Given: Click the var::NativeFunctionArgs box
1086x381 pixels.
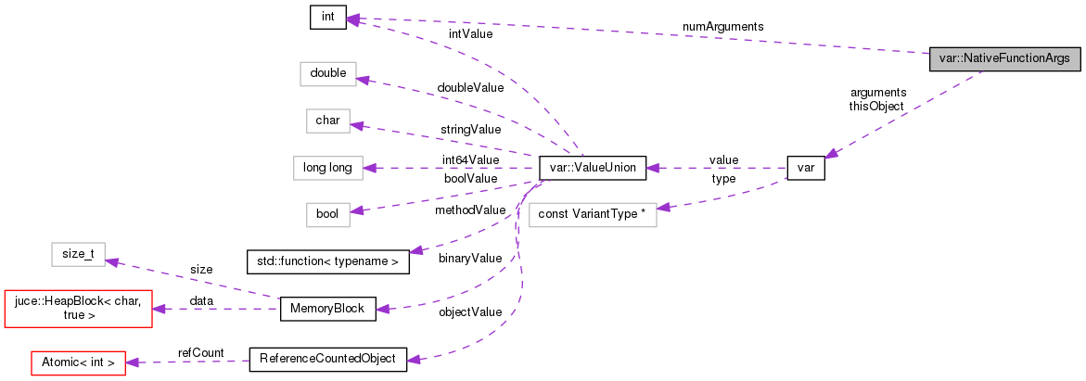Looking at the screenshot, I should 1005,58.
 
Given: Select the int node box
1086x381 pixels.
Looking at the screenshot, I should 327,18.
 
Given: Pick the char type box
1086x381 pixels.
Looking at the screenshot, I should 327,121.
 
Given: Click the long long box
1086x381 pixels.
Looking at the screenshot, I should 327,168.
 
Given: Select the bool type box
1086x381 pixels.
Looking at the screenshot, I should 327,214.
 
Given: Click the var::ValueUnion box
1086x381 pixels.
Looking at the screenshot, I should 592,168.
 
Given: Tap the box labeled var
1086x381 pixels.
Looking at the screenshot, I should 805,168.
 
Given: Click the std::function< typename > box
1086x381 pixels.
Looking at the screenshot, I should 327,262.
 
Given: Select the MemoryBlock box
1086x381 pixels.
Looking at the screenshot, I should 327,309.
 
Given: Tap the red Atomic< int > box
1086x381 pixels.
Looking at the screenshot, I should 78,362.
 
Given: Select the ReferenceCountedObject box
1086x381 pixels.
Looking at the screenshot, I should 327,359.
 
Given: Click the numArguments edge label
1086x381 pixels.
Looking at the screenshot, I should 722,27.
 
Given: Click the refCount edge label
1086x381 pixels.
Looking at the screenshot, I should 198,352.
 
